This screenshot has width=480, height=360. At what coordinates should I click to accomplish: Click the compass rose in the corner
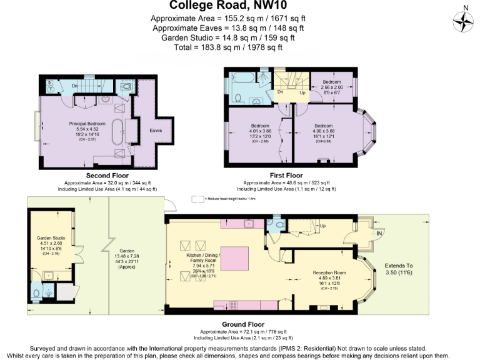463,21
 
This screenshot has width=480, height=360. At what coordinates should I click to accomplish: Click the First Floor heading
286,176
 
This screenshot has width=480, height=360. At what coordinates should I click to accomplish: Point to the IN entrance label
379,232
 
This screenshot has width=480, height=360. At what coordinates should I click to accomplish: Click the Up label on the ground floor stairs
322,225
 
